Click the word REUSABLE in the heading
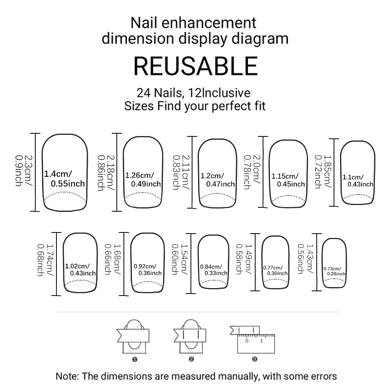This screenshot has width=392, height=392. pos(196,65)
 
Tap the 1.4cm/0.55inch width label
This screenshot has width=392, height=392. pos(64,178)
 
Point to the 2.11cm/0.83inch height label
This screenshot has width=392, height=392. pos(180,171)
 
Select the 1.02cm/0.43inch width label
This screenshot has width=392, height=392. pos(80,270)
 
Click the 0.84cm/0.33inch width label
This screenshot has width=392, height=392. pos(213,270)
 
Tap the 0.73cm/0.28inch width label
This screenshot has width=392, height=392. pos(334,271)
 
